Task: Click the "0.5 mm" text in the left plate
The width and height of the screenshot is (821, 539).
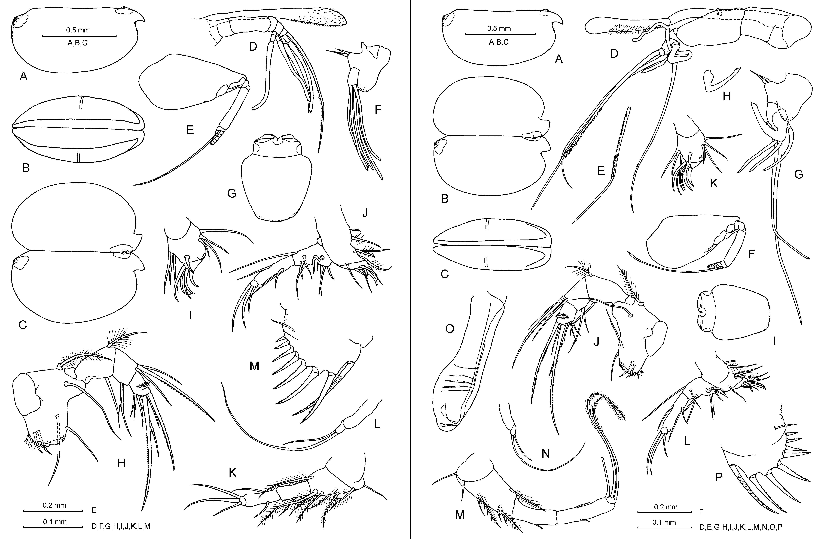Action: (78, 30)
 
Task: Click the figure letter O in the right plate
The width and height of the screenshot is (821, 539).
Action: (450, 329)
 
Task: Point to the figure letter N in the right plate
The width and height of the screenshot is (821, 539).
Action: (545, 453)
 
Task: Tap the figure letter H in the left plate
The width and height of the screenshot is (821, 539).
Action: (121, 463)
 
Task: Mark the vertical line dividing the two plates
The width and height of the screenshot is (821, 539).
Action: (411, 269)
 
